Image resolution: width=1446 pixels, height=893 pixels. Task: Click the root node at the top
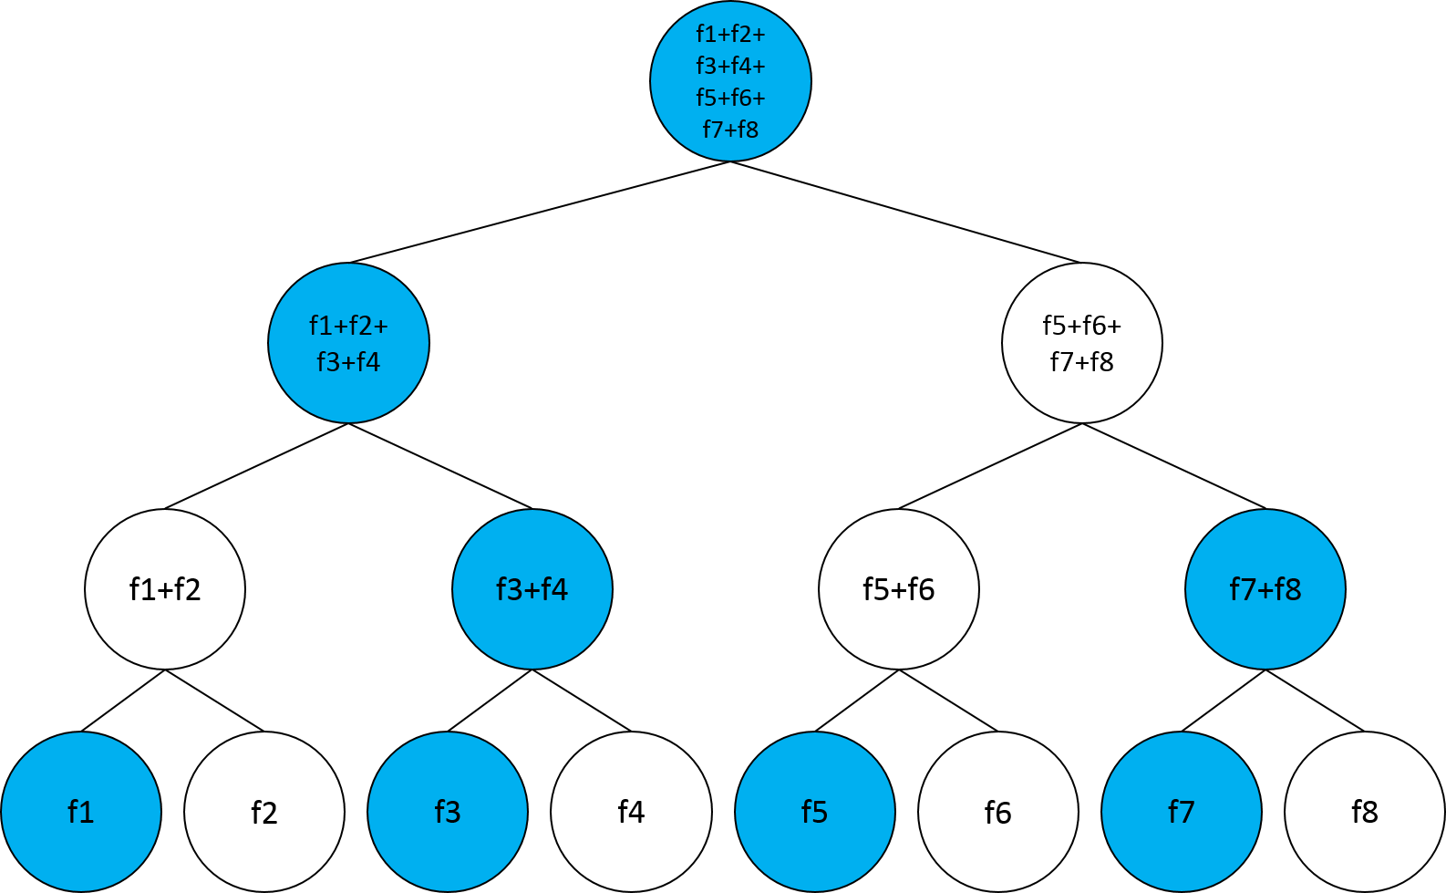tap(730, 81)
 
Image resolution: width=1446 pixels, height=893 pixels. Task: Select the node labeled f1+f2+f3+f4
tap(348, 343)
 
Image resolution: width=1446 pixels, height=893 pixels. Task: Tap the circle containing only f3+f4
tap(532, 589)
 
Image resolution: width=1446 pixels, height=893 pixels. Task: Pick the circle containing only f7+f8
tap(1265, 589)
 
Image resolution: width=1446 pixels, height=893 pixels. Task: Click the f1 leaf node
tap(81, 812)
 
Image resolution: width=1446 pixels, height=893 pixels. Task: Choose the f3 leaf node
tap(448, 812)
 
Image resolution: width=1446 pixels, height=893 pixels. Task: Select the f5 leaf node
tap(815, 812)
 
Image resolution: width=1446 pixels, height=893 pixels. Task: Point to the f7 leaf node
tap(1182, 812)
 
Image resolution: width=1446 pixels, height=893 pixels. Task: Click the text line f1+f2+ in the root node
tap(730, 35)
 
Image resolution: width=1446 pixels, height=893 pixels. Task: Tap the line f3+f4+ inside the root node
tap(730, 67)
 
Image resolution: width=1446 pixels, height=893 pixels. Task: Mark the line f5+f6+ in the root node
tap(730, 98)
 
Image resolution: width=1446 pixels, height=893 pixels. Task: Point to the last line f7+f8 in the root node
tap(730, 130)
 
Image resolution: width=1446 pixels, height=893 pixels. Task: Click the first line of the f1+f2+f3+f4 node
tap(348, 326)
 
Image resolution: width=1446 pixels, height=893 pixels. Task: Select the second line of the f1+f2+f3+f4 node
tap(348, 362)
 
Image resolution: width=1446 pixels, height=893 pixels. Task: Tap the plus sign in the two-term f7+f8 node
tap(1265, 591)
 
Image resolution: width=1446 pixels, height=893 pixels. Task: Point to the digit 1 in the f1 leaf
tap(87, 812)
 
